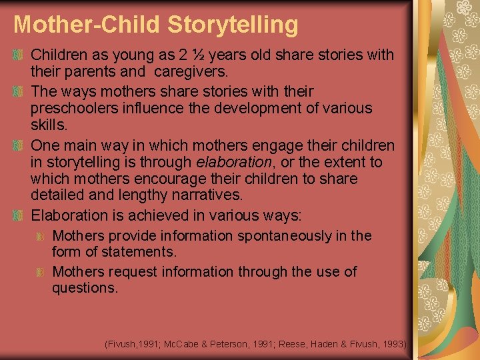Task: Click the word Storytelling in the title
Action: tap(233, 25)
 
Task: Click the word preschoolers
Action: tap(73, 107)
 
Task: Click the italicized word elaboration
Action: tap(234, 162)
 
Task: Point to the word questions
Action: tap(85, 288)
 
